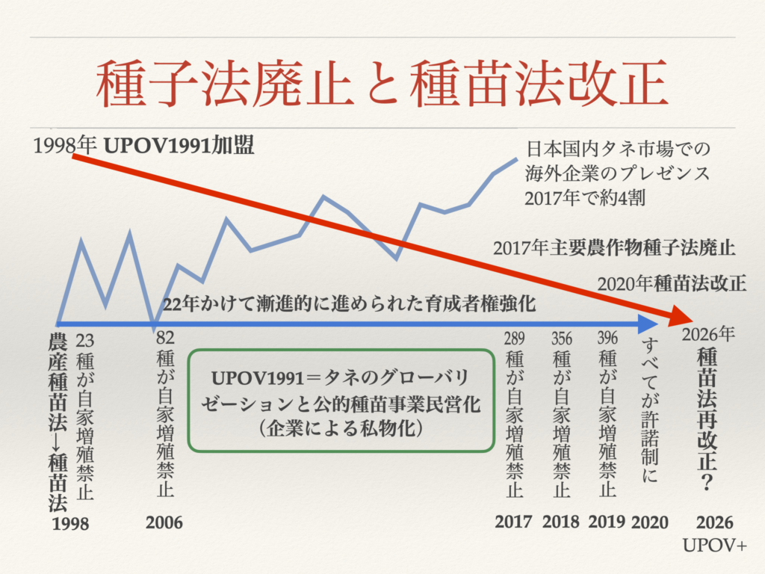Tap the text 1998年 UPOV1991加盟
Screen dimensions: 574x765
144,145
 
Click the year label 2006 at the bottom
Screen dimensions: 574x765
164,522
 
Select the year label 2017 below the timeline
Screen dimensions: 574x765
513,522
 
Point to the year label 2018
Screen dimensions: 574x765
560,522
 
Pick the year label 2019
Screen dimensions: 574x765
606,522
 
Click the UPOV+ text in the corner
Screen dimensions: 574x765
715,547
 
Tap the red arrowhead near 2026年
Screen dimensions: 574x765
679,318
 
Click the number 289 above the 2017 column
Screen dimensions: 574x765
514,339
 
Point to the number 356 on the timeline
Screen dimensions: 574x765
562,339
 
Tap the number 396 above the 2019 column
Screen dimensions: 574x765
607,339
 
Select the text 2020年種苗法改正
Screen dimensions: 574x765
672,283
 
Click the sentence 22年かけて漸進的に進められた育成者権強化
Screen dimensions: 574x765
349,305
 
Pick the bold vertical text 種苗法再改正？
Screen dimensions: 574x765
705,417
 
